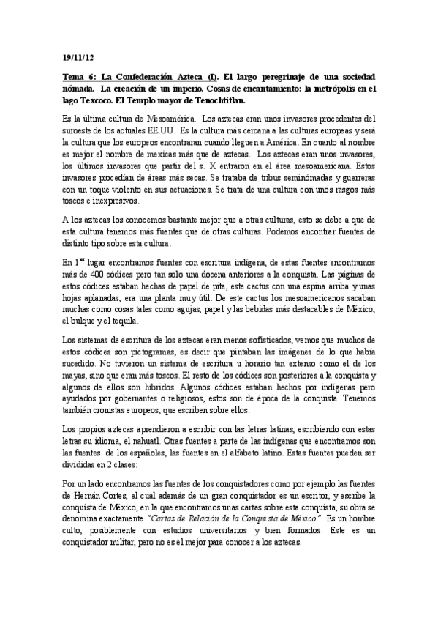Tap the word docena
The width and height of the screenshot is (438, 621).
(x=195, y=272)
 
